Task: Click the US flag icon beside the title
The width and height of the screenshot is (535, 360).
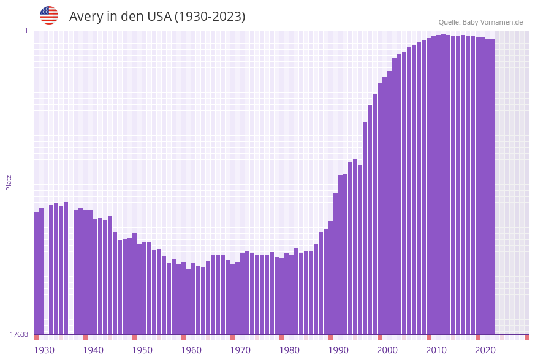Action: click(x=49, y=15)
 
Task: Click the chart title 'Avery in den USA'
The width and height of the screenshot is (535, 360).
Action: click(x=157, y=17)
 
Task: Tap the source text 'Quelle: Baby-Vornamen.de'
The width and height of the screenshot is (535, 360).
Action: click(x=480, y=22)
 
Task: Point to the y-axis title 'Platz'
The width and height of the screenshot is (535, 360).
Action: click(x=9, y=182)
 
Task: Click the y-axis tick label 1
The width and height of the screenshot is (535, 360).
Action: click(x=26, y=31)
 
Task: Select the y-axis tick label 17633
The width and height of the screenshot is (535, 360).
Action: click(x=19, y=334)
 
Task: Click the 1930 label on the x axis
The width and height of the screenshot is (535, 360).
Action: click(x=44, y=350)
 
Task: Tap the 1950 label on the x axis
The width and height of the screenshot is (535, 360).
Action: click(x=142, y=350)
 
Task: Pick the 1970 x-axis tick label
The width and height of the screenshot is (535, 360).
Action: click(x=240, y=350)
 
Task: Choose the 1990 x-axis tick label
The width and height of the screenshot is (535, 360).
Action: click(x=338, y=350)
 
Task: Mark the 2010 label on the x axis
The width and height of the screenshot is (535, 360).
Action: click(x=436, y=350)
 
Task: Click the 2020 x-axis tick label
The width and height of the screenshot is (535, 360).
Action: click(x=485, y=350)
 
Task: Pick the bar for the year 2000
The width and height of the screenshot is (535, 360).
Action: click(x=380, y=209)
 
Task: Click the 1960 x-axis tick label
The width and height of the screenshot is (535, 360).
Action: click(x=191, y=350)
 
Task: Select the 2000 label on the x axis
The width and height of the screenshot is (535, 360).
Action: click(x=387, y=350)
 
